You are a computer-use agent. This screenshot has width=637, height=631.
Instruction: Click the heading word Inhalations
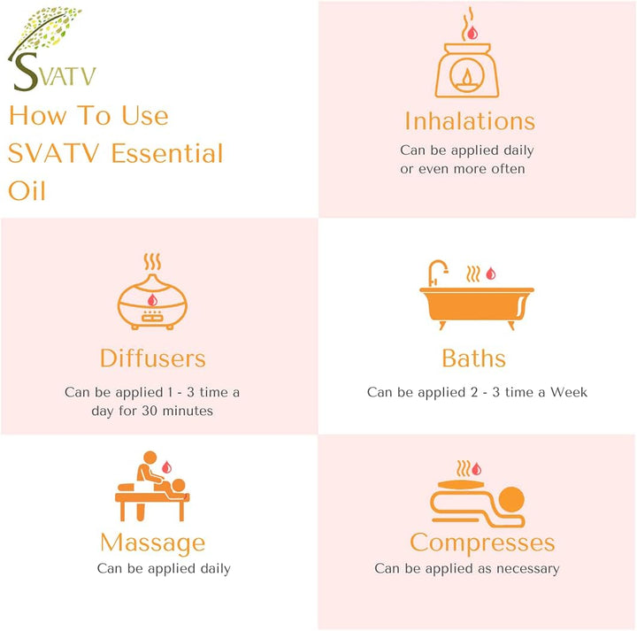click(470, 120)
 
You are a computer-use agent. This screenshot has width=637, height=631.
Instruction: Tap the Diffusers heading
click(153, 358)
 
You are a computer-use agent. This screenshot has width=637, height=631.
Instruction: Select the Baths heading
click(474, 358)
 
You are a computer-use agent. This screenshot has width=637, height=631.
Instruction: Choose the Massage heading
click(152, 543)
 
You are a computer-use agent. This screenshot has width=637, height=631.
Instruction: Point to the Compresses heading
click(482, 543)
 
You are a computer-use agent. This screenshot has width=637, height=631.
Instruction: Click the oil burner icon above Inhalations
click(471, 66)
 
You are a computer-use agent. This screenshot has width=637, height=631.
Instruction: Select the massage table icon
click(151, 496)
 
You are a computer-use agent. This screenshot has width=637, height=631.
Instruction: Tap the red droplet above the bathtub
click(491, 273)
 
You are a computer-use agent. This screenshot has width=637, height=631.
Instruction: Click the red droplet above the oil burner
click(472, 33)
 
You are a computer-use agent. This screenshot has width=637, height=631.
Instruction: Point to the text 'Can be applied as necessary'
click(466, 568)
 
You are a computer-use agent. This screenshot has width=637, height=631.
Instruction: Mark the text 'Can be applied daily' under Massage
click(164, 568)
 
